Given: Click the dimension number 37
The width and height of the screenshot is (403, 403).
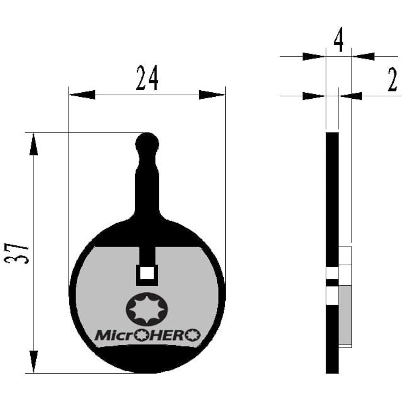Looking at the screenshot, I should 17,253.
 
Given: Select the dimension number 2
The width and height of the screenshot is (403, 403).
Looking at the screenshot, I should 393,80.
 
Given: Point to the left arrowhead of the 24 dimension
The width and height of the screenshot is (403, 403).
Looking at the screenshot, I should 82,95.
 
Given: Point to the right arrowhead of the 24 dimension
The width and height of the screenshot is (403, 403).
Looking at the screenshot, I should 212,95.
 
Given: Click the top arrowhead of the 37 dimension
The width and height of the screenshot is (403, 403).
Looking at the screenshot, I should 34,144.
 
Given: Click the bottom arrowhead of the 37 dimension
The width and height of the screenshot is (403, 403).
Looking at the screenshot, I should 34,361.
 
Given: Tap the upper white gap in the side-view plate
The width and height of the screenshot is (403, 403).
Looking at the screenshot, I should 332,273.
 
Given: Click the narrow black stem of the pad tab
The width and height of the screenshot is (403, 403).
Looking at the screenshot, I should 147,185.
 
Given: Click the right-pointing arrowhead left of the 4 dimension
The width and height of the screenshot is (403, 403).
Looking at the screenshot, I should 313,56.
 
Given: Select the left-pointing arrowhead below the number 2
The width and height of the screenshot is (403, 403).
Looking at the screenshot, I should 351,96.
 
